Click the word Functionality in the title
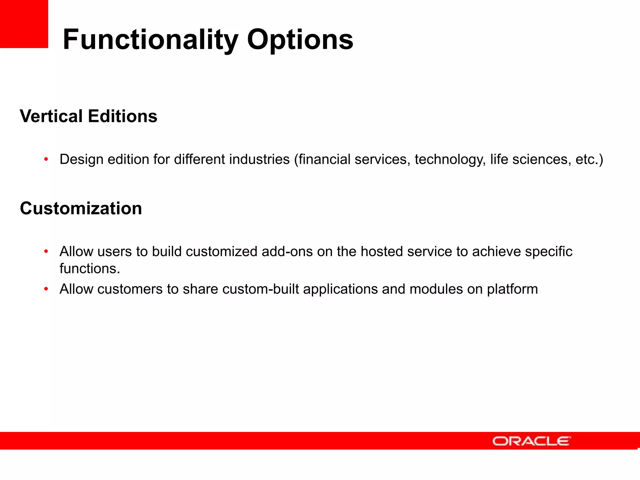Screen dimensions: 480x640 tap(150, 40)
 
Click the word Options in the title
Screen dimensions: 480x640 tap(300, 40)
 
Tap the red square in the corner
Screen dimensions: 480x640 tap(24, 24)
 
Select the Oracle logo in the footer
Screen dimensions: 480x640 tap(531, 441)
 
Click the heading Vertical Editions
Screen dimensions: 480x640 tap(88, 116)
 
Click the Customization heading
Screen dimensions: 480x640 tap(81, 208)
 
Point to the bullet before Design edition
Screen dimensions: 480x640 tap(46, 159)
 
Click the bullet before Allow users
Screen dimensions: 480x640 tap(46, 251)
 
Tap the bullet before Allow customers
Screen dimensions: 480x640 tap(46, 289)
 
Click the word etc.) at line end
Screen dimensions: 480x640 tap(589, 159)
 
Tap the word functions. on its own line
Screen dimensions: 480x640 tap(90, 269)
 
